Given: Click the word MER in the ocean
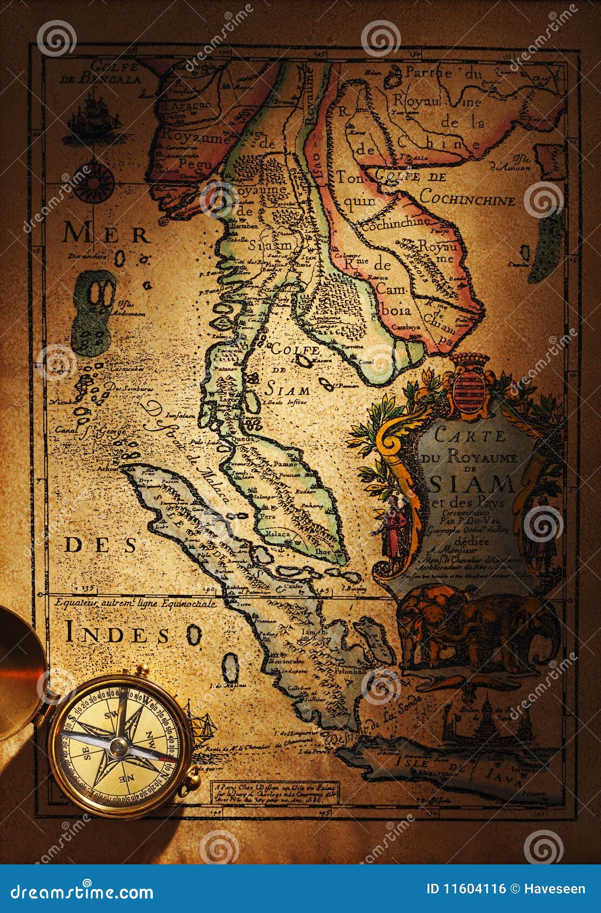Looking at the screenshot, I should point(105,234).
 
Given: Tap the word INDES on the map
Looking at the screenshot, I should point(117,635).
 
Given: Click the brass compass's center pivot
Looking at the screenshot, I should point(118,747).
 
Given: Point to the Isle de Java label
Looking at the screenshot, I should point(454,771).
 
